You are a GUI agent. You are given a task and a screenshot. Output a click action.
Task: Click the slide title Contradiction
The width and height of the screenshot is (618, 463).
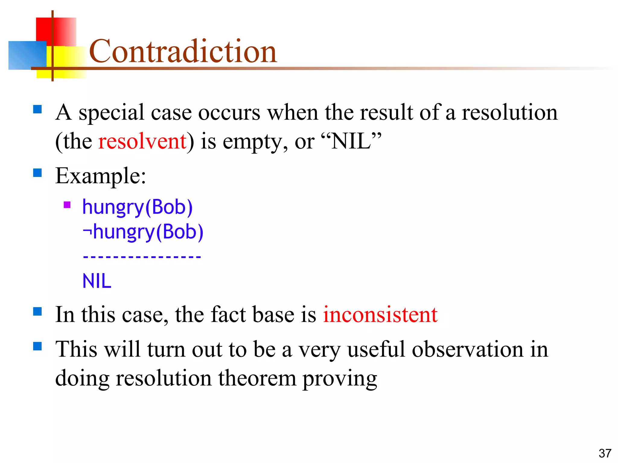(183, 51)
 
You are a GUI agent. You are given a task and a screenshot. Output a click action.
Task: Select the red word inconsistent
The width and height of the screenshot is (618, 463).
(380, 314)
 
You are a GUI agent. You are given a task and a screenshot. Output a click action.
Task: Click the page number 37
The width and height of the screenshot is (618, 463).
(605, 453)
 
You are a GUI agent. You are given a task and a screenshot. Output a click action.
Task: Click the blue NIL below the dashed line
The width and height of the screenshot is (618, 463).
(97, 281)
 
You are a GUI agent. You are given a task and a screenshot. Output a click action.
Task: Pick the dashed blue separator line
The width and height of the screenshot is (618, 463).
(142, 257)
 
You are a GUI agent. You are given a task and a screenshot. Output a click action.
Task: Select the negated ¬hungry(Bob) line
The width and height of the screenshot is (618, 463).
(143, 232)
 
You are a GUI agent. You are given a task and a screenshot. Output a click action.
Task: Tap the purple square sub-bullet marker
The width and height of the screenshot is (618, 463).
(67, 205)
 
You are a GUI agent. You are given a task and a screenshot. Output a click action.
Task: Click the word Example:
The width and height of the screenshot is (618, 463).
(100, 176)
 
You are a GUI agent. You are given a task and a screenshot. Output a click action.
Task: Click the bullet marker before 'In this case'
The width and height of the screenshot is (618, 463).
(37, 311)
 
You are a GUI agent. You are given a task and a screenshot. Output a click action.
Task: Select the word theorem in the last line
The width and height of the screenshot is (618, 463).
(257, 378)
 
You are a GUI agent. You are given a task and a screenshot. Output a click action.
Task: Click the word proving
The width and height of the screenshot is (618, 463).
(340, 379)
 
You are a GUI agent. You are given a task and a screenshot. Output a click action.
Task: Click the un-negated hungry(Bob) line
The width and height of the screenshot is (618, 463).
(137, 207)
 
